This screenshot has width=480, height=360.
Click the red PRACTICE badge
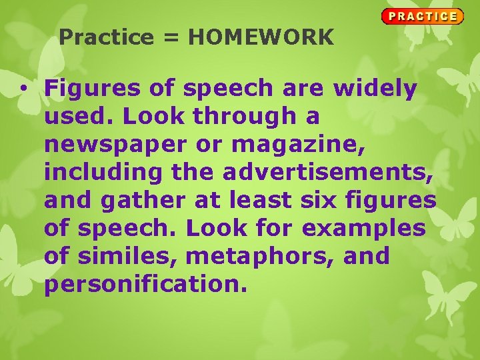click(x=422, y=16)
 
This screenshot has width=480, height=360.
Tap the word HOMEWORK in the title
click(x=261, y=38)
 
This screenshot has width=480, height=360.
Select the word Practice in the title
click(x=106, y=38)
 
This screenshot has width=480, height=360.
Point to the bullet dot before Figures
click(x=23, y=88)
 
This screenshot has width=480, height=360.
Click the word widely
click(x=375, y=88)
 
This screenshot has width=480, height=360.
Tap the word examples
click(x=364, y=228)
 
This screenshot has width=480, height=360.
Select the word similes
click(x=129, y=256)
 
